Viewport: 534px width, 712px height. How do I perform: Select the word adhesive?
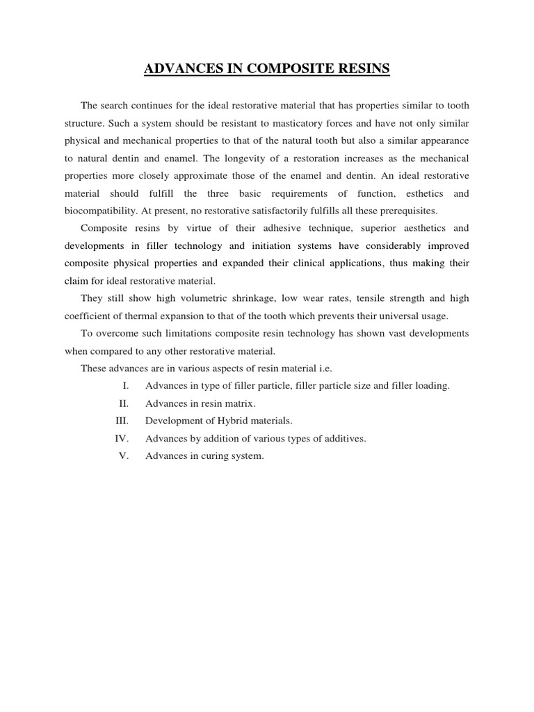(x=267, y=228)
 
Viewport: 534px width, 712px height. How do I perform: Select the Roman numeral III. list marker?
(x=122, y=421)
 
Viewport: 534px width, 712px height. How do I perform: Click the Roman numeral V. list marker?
(x=125, y=456)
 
